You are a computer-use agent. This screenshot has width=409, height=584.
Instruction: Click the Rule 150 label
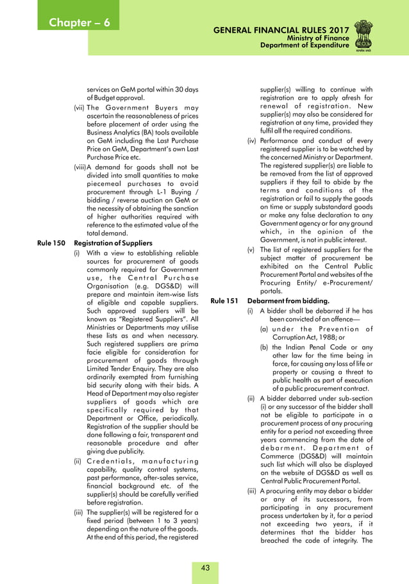point(50,243)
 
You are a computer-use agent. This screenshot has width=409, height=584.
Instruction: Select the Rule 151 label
point(223,301)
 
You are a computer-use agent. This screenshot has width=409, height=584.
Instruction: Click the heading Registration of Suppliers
point(113,243)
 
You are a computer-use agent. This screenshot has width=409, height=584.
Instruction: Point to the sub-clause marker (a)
point(263,329)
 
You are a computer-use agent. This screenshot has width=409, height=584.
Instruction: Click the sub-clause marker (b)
point(263,347)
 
